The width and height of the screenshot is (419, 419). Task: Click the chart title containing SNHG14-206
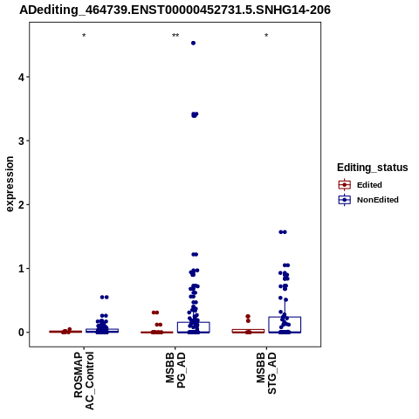(x=175, y=10)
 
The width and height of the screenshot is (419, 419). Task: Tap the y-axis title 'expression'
(x=10, y=184)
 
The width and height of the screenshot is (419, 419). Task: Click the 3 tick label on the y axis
(x=21, y=141)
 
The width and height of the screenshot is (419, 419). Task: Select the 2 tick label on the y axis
(x=21, y=204)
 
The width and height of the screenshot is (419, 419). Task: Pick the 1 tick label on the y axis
(x=21, y=268)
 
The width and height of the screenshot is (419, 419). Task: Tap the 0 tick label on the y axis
(x=21, y=333)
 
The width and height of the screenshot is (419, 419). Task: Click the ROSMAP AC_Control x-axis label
(x=84, y=381)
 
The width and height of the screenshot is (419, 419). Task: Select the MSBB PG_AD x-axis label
(x=175, y=370)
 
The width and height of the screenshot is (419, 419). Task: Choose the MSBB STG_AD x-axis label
(x=266, y=373)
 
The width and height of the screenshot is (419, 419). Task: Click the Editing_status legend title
(x=373, y=168)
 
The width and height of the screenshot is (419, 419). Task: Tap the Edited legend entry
(x=361, y=185)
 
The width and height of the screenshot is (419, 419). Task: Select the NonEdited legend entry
(x=368, y=200)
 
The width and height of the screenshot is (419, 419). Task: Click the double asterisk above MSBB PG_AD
(x=175, y=36)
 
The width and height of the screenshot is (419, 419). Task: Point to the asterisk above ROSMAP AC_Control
(x=84, y=36)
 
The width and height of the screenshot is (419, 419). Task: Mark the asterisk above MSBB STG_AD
(x=266, y=36)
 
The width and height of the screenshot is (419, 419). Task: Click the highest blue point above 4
(x=193, y=43)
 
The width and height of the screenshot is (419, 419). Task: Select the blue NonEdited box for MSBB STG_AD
(x=285, y=325)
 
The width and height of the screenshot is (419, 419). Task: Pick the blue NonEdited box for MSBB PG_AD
(x=194, y=327)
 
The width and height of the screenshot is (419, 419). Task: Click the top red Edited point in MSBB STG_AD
(x=248, y=316)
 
